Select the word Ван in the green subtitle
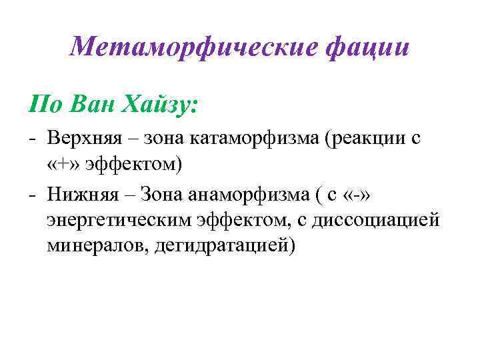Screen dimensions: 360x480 click(x=92, y=105)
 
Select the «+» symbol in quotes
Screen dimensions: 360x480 click(x=64, y=164)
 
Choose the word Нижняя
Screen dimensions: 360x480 click(x=83, y=195)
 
